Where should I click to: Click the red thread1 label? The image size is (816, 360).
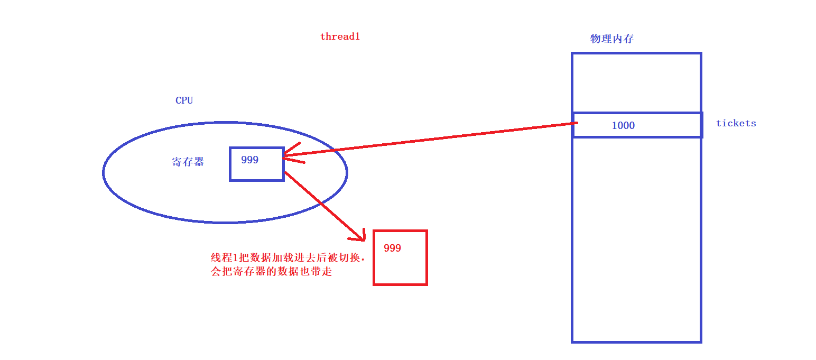[x=340, y=37]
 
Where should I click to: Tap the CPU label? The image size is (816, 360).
[x=184, y=100]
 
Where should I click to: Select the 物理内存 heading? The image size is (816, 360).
[x=611, y=39]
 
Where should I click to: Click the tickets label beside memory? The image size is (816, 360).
[x=736, y=123]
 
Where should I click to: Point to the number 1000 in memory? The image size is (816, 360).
[x=623, y=125]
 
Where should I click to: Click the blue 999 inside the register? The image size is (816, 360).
[x=249, y=160]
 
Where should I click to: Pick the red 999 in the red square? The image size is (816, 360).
[x=392, y=248]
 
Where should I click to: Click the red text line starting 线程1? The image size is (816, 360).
[x=288, y=258]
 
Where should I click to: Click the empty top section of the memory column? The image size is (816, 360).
[x=636, y=82]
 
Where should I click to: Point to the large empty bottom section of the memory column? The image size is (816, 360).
[x=636, y=238]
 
